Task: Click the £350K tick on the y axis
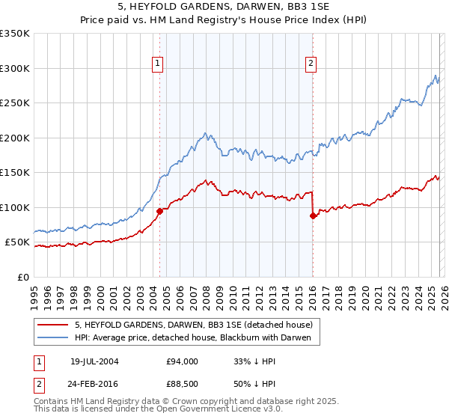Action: (x=15, y=34)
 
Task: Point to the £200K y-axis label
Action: (x=15, y=138)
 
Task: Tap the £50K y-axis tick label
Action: (x=18, y=242)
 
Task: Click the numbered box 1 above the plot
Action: (x=159, y=64)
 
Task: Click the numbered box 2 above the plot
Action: (x=311, y=64)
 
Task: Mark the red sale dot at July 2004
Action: (x=160, y=212)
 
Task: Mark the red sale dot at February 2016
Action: (x=313, y=215)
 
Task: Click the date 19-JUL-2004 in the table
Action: (x=96, y=361)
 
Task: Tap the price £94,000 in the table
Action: (x=183, y=361)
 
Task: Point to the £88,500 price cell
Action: (x=183, y=385)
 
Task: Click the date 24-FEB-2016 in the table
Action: (x=96, y=385)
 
